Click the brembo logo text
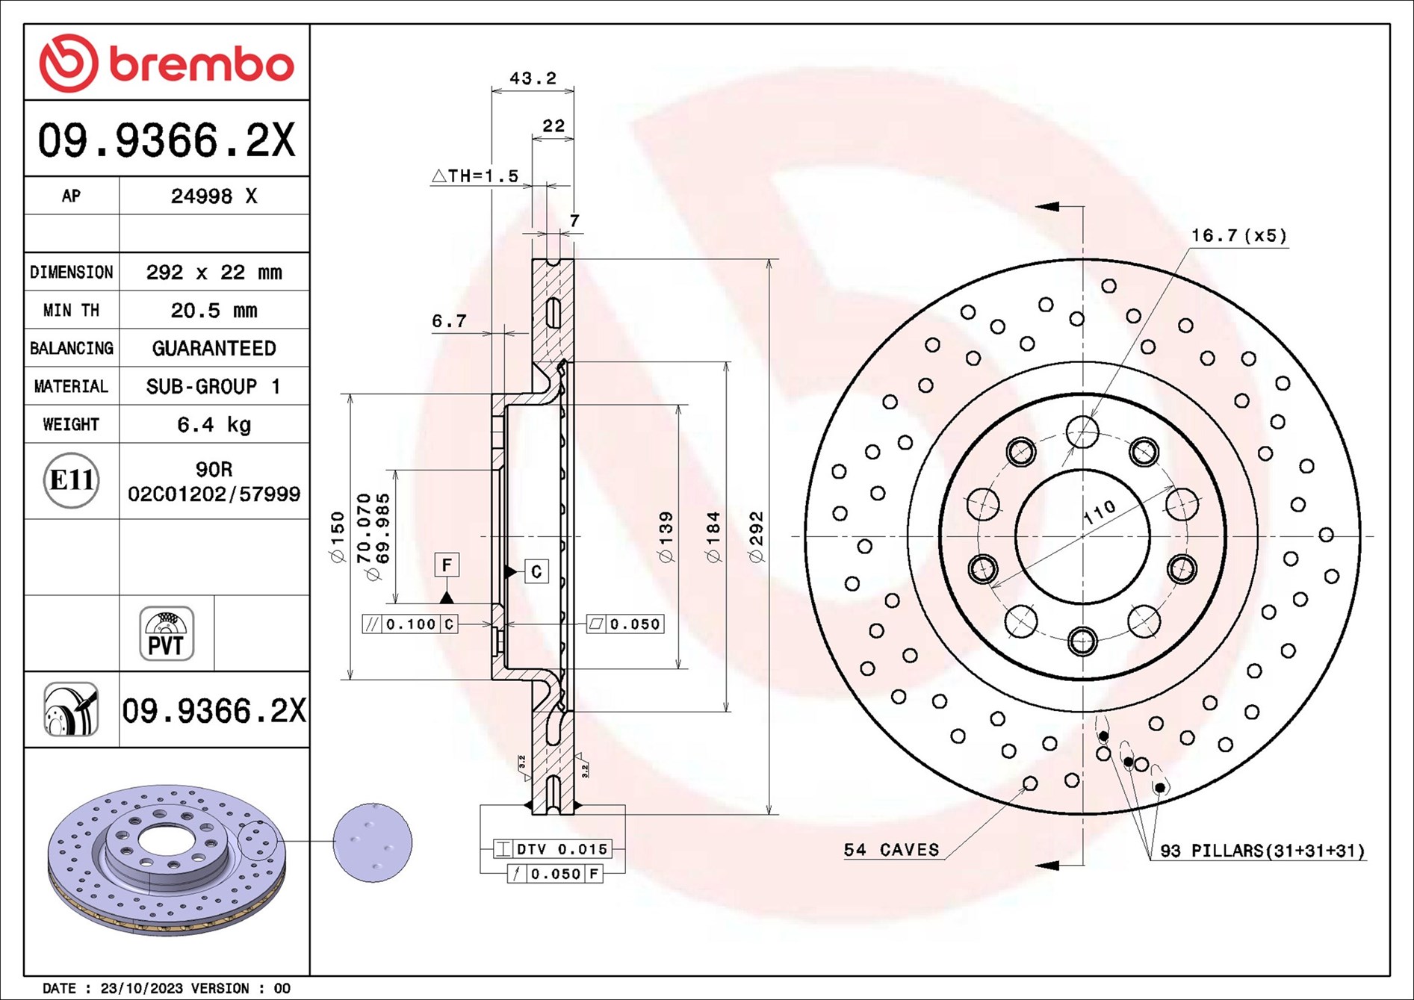[x=202, y=64]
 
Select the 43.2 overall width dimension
[x=533, y=78]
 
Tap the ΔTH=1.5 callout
[x=475, y=176]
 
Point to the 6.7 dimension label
[x=449, y=321]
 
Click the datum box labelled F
[x=447, y=565]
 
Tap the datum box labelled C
[x=536, y=571]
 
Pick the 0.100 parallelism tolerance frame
[x=410, y=624]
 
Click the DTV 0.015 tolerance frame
[x=553, y=849]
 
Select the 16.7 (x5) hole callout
[x=1238, y=236]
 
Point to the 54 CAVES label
[x=891, y=850]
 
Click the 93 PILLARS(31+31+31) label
[x=1262, y=851]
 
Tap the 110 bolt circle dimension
[x=1099, y=512]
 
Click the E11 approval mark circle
[x=71, y=480]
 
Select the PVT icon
[x=167, y=633]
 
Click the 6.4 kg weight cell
[x=214, y=425]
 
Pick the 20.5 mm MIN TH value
[x=214, y=311]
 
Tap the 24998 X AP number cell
[x=214, y=196]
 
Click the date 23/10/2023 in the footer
[x=141, y=988]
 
